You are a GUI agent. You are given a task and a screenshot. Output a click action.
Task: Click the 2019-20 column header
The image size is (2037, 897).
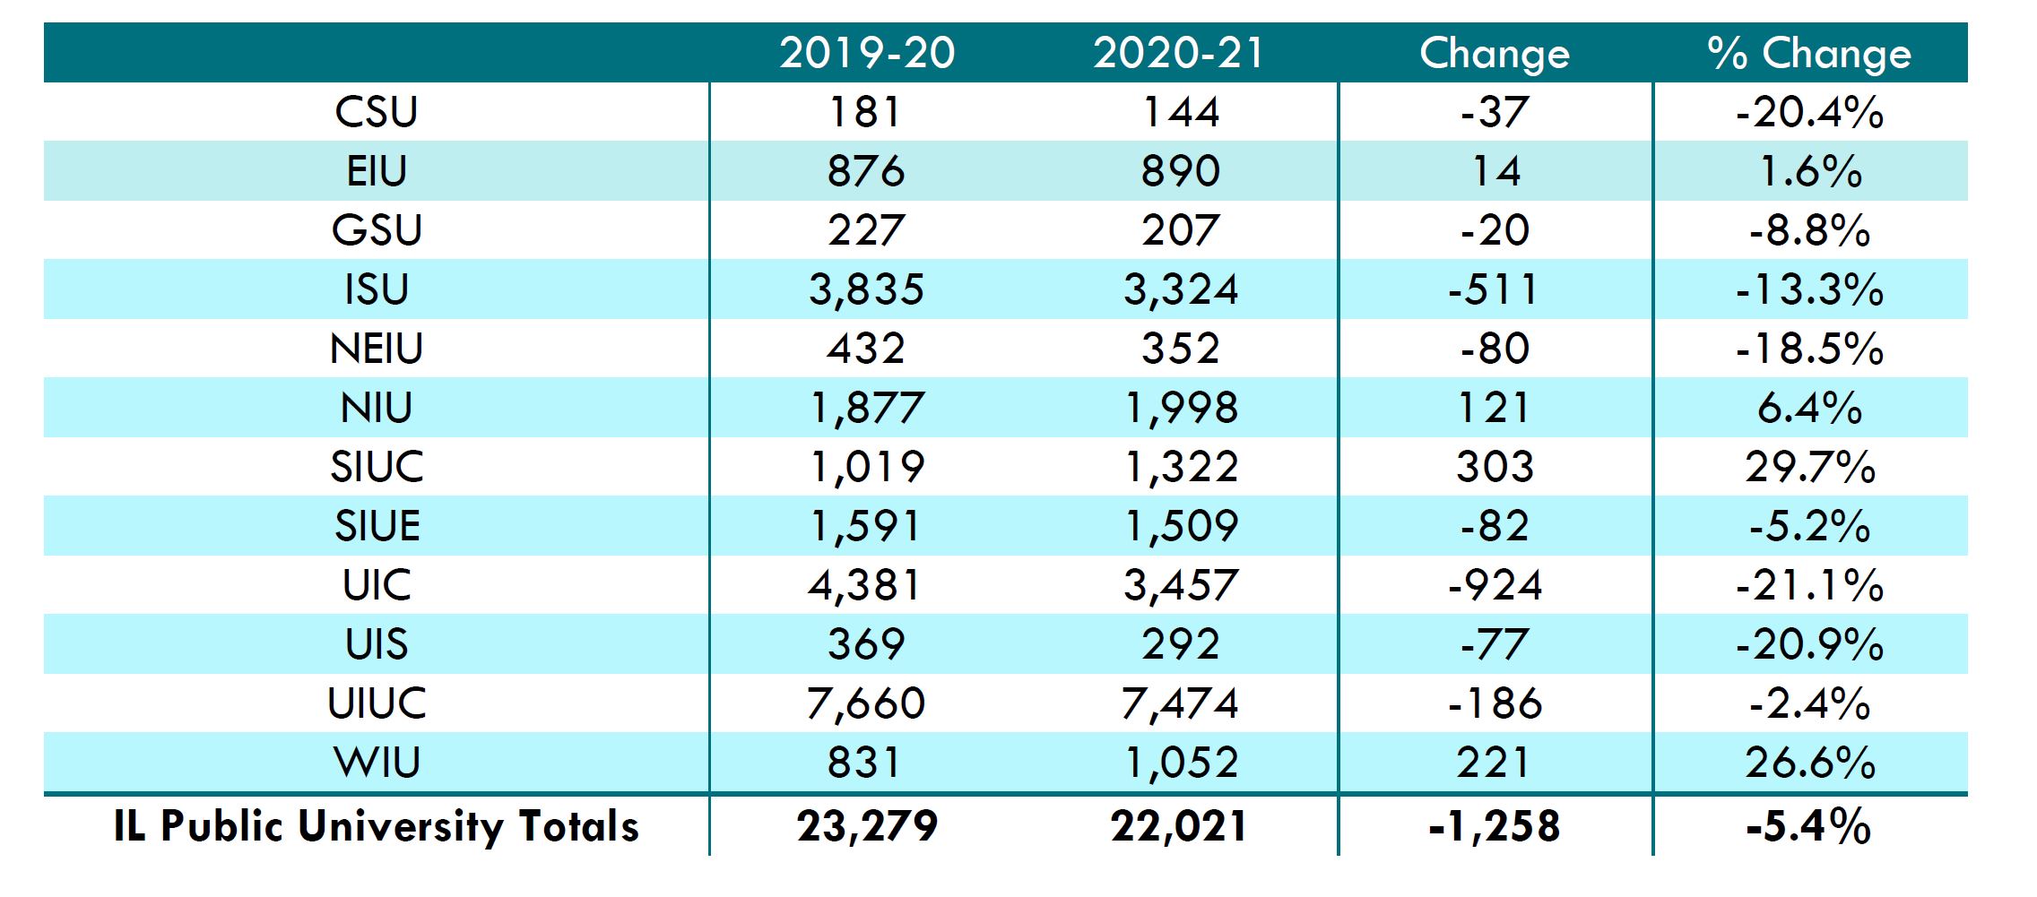pos(866,53)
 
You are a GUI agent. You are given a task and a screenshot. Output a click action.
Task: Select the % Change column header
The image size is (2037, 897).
pos(1809,53)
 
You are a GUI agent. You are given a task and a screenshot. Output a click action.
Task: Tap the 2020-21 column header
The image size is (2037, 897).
pos(1179,53)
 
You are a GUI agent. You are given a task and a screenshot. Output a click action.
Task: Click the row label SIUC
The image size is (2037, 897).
pos(377,467)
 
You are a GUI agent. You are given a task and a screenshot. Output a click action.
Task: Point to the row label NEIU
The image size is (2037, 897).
pos(377,349)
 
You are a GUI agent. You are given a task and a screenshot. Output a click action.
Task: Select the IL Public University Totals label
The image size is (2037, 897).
pos(377,826)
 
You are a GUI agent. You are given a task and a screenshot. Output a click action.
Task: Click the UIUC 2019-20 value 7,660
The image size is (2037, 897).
pos(866,703)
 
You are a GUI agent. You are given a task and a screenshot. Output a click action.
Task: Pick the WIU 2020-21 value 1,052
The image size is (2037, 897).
pos(1181,763)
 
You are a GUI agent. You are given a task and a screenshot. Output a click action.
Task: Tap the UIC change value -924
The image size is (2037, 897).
pos(1495,585)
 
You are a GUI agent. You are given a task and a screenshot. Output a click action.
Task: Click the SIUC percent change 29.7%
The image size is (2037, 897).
pos(1809,467)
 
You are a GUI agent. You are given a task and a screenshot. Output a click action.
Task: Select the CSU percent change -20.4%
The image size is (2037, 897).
pos(1809,112)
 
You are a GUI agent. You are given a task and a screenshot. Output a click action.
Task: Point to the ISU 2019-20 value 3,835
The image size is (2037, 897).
pos(866,289)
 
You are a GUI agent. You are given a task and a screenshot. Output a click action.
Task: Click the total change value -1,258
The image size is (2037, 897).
pos(1494,826)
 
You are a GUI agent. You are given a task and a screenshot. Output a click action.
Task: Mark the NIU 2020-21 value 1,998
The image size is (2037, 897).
pos(1181,408)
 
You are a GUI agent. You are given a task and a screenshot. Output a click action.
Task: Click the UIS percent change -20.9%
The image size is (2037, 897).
pos(1809,644)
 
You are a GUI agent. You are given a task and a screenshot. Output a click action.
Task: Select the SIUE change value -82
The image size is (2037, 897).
pos(1495,526)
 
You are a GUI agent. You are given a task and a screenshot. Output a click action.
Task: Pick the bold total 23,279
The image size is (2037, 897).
pos(866,826)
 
